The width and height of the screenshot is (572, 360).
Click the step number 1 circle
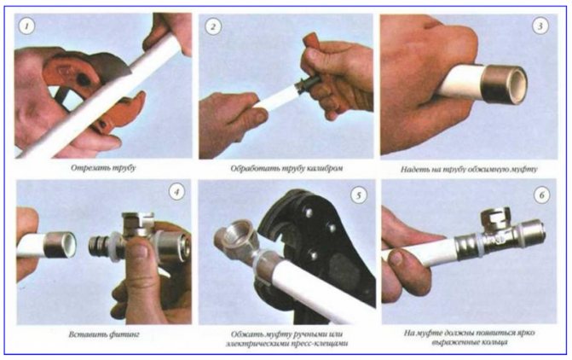[x=26, y=26]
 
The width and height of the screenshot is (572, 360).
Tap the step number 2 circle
[x=213, y=26]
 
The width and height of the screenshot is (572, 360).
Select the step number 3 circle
[x=540, y=26]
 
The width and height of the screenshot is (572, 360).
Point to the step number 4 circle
[x=177, y=192]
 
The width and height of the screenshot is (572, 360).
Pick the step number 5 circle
[x=359, y=195]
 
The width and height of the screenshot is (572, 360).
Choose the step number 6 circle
[x=541, y=195]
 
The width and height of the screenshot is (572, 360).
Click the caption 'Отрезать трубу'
[x=103, y=168]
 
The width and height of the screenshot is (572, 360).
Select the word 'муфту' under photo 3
[x=524, y=170]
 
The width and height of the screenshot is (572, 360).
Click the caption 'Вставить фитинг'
[x=104, y=334]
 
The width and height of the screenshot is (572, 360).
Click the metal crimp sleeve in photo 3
[x=504, y=84]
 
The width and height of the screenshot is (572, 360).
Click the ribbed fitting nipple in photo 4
[x=99, y=245]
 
